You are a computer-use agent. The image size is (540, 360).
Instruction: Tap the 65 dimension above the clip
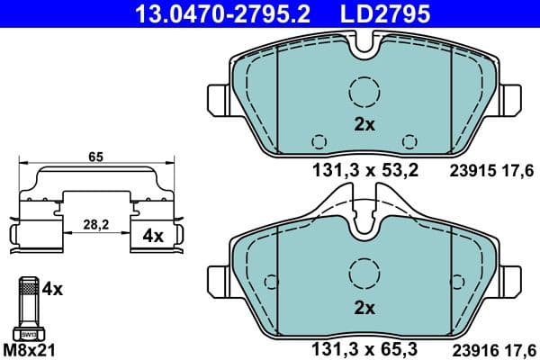pyautogui.click(x=95, y=157)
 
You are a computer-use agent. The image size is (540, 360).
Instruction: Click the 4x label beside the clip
pyautogui.click(x=153, y=237)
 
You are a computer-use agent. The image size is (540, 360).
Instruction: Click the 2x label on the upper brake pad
pyautogui.click(x=364, y=126)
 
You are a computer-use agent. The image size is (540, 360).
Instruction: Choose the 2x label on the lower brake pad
pyautogui.click(x=364, y=309)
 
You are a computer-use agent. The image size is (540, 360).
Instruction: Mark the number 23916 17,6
pyautogui.click(x=490, y=347)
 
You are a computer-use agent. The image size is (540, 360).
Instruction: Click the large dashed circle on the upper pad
pyautogui.click(x=364, y=91)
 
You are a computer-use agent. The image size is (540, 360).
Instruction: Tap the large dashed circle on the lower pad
pyautogui.click(x=364, y=272)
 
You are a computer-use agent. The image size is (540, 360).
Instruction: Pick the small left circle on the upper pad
pyautogui.click(x=318, y=140)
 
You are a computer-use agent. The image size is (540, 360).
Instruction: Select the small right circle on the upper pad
pyautogui.click(x=410, y=140)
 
